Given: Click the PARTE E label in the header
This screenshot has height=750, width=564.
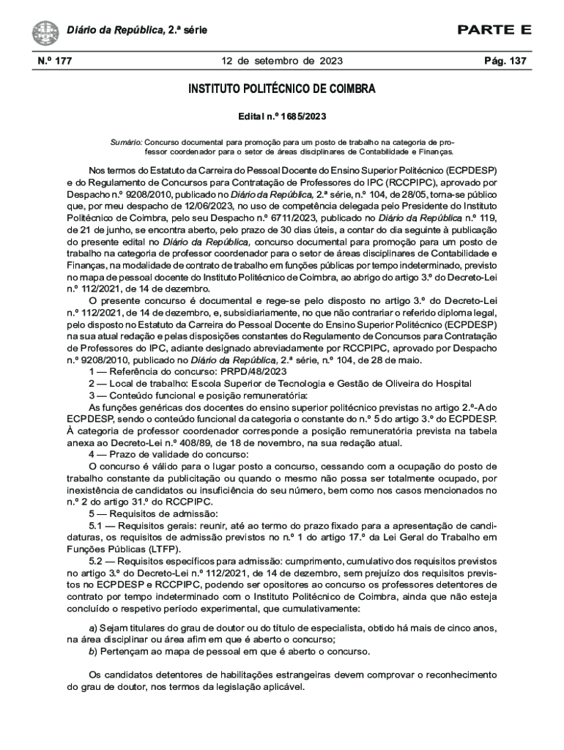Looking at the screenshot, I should tap(494, 30).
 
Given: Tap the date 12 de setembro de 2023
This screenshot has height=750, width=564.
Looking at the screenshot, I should tap(282, 61).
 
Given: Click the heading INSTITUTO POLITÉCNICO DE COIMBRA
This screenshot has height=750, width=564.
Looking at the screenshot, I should tap(282, 89).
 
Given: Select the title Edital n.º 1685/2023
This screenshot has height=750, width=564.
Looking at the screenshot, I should tap(282, 116).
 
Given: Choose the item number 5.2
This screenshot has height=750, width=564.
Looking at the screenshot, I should tap(97, 560).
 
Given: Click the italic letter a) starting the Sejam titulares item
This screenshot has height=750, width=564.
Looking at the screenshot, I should tap(92, 628).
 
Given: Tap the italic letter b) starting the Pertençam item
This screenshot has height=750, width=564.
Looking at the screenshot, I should tap(92, 651).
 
